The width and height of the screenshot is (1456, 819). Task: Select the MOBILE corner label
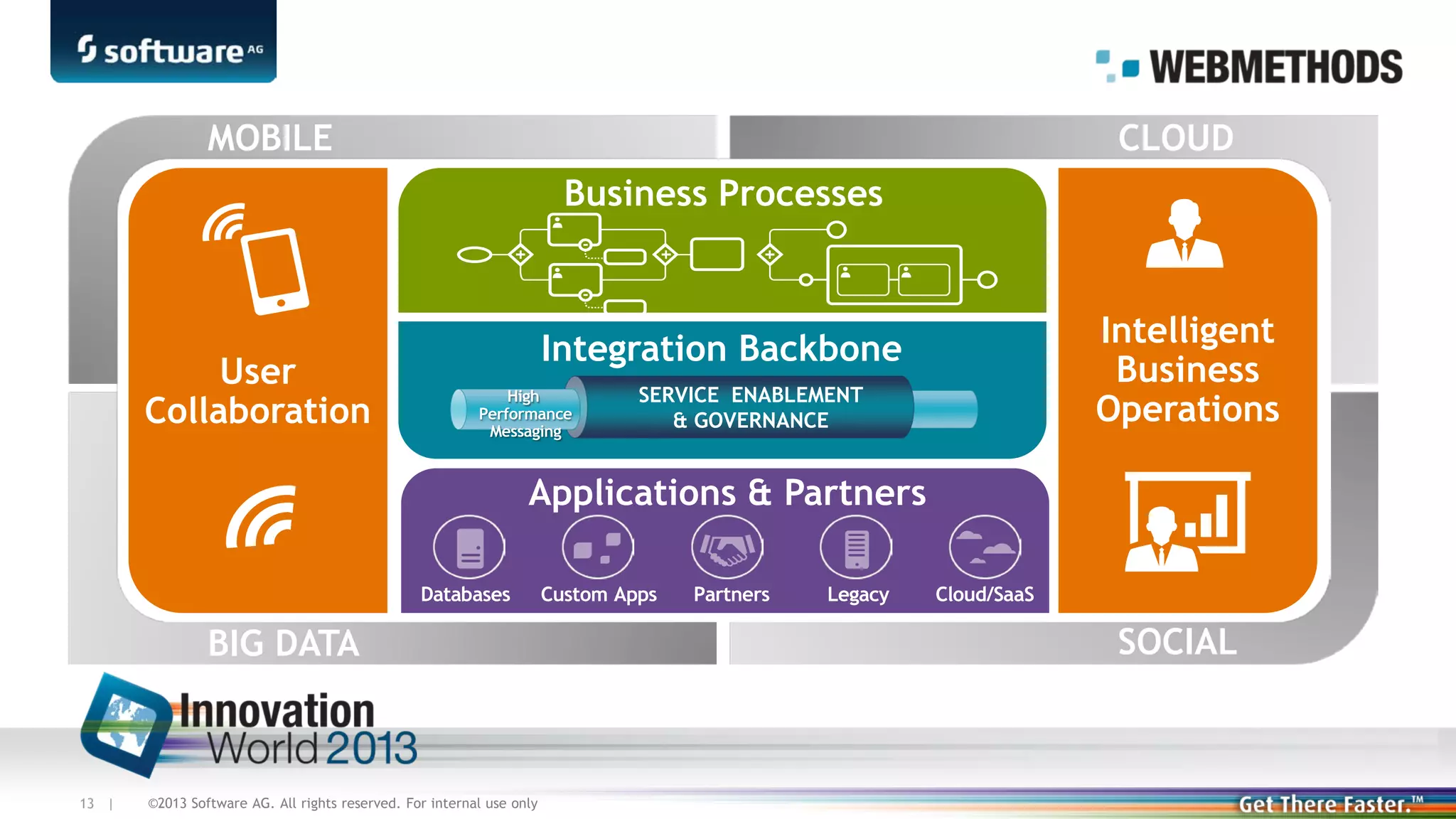(x=269, y=137)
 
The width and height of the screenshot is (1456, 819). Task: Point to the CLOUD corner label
(x=1175, y=137)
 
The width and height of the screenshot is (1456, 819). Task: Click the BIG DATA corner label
(x=283, y=643)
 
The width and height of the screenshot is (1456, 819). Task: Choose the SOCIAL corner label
(x=1177, y=642)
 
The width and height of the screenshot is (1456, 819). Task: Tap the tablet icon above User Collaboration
(x=274, y=270)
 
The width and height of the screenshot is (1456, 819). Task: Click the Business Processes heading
(x=723, y=193)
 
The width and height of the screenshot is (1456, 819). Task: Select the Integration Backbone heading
(x=721, y=348)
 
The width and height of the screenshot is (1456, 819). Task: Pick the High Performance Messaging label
(x=525, y=414)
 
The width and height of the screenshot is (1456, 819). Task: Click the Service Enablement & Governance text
(x=750, y=407)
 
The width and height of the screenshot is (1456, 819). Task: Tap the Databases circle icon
(x=469, y=547)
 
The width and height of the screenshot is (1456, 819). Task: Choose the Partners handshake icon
(x=727, y=547)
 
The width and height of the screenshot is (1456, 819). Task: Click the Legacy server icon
(x=856, y=547)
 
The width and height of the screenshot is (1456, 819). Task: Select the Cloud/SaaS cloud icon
(x=985, y=547)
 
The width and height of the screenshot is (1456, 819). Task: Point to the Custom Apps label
(x=599, y=594)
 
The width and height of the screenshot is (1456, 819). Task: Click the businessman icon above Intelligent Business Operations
(x=1184, y=234)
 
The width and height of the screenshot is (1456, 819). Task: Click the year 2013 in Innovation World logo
(x=371, y=749)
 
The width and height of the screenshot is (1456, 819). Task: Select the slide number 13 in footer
(x=87, y=803)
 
